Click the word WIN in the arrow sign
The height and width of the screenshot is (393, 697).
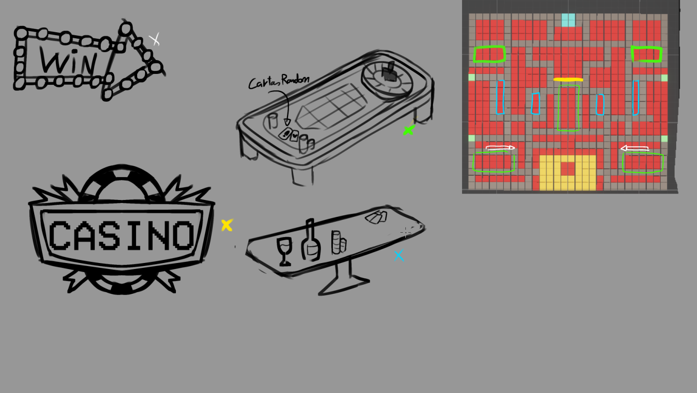tap(69, 62)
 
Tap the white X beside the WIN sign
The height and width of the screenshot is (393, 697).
tap(155, 40)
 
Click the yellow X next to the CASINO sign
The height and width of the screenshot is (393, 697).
tap(227, 225)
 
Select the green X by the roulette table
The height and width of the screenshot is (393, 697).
tap(408, 131)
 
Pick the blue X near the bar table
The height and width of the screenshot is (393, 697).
tap(398, 256)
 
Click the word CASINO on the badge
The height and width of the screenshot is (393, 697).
tap(122, 236)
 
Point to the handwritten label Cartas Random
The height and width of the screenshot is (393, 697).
tap(279, 81)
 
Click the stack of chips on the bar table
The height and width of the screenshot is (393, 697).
tap(338, 242)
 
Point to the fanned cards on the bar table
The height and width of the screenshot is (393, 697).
tap(377, 217)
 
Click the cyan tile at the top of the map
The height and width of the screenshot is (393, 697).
tap(568, 20)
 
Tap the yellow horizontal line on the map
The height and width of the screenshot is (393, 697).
tap(568, 80)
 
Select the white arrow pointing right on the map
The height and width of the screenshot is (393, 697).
tap(500, 148)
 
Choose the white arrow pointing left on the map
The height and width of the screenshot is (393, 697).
tap(635, 149)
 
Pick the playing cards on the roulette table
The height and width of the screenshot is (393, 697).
tap(289, 135)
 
